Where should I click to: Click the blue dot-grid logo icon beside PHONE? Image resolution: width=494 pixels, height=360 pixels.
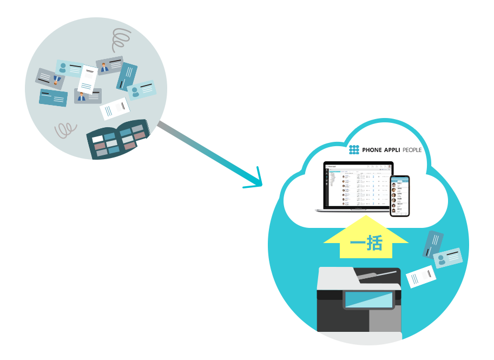click(x=354, y=150)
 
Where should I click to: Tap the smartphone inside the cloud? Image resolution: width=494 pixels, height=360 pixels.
click(x=400, y=195)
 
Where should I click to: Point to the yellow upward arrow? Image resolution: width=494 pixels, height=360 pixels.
click(x=366, y=238)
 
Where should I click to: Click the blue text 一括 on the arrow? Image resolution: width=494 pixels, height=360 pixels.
click(x=366, y=244)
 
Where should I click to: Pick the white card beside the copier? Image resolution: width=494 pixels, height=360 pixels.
click(x=421, y=276)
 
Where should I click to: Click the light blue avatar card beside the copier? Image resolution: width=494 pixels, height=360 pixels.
click(x=447, y=258)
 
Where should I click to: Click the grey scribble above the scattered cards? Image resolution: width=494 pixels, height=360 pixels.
click(x=121, y=40)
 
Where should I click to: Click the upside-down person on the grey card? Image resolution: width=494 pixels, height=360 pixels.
click(x=57, y=81)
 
